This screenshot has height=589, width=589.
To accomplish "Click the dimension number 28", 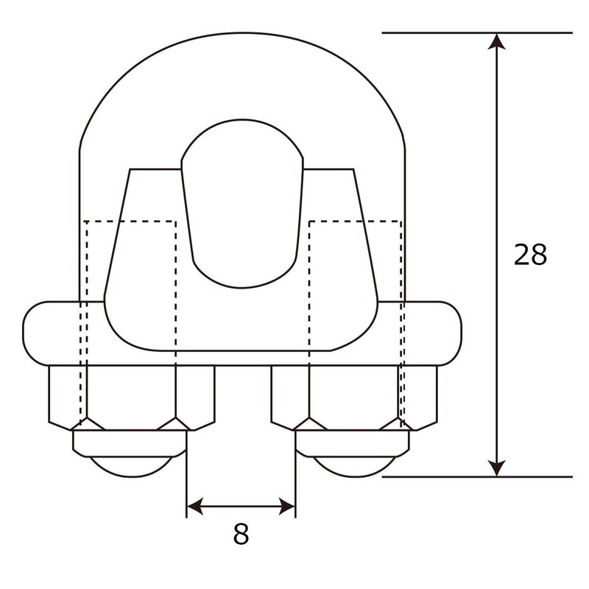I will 530,255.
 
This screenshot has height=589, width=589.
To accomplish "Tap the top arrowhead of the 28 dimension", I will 498,41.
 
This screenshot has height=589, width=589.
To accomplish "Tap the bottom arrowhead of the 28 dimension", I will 498,468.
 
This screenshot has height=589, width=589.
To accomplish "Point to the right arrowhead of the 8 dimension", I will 288,506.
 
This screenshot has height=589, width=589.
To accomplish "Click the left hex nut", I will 131,396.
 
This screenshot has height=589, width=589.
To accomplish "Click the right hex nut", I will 353,396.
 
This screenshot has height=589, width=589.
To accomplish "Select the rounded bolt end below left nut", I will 131,465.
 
